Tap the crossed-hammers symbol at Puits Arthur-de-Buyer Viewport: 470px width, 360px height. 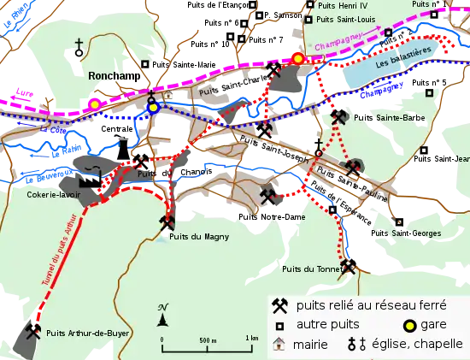tap(34, 330)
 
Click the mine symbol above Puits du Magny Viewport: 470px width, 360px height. tap(167, 224)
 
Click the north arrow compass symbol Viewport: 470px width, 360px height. tap(162, 316)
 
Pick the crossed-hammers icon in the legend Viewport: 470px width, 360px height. tap(279, 304)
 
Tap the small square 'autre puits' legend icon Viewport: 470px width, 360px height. tap(279, 326)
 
